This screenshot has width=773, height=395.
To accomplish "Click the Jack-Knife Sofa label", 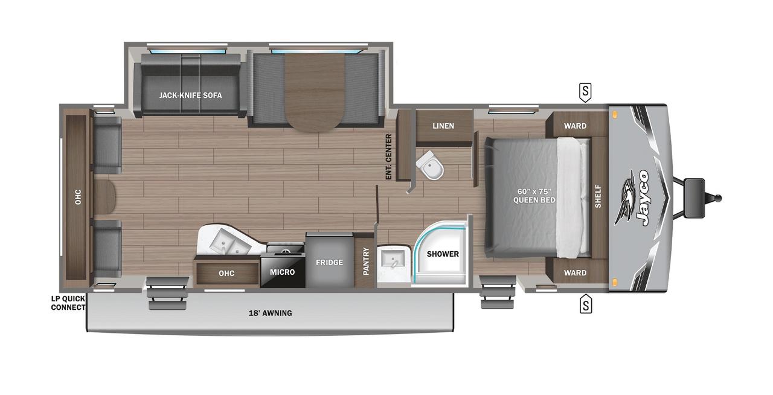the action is click(190, 95).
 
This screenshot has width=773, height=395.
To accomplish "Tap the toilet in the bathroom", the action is click(430, 165).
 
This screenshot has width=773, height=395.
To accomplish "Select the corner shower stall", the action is click(440, 254).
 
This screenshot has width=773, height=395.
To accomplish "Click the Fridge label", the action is click(329, 262).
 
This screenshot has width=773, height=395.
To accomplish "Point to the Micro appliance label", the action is click(282, 272).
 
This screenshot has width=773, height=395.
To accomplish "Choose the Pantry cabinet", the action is click(365, 261).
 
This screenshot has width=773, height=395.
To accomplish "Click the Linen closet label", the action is click(443, 126).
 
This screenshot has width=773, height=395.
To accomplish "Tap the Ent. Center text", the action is click(389, 156).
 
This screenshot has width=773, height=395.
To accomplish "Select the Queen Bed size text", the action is click(534, 196).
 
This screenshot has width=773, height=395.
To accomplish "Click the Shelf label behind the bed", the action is click(598, 196).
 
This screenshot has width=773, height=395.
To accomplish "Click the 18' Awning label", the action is click(270, 313).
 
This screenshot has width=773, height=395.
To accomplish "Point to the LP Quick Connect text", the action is click(68, 303).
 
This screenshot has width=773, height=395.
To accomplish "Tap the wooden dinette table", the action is click(315, 92).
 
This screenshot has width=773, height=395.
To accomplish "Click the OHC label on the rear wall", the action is click(78, 197).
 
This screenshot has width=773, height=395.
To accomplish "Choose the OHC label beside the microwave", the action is click(226, 274).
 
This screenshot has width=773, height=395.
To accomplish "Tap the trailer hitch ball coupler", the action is click(717, 198).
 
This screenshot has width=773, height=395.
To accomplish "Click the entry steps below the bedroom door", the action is click(497, 292).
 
